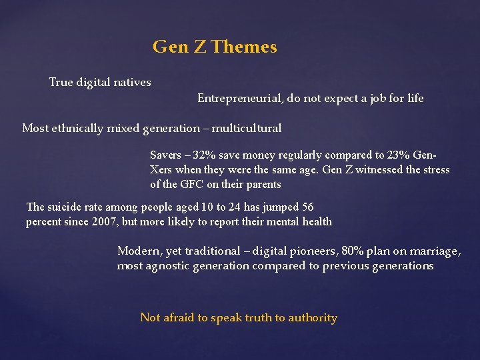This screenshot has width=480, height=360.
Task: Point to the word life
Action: tap(415, 99)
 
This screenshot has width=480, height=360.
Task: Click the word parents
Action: tap(261, 185)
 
